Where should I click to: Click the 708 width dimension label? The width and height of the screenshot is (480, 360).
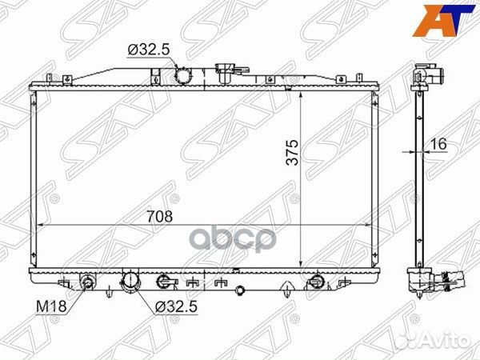point(160,217)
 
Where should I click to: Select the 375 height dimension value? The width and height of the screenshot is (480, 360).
point(292,153)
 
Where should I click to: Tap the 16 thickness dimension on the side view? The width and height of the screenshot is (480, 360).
point(438,144)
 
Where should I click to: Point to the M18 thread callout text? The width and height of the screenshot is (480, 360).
point(51,306)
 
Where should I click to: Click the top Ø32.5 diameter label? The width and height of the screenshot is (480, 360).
point(149,50)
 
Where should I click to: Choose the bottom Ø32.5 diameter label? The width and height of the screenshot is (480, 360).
point(176,306)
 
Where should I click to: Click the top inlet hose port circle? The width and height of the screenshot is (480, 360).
point(182,75)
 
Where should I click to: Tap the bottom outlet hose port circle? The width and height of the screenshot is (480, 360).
point(130,281)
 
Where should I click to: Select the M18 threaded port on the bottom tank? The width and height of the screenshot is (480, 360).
point(88,282)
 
